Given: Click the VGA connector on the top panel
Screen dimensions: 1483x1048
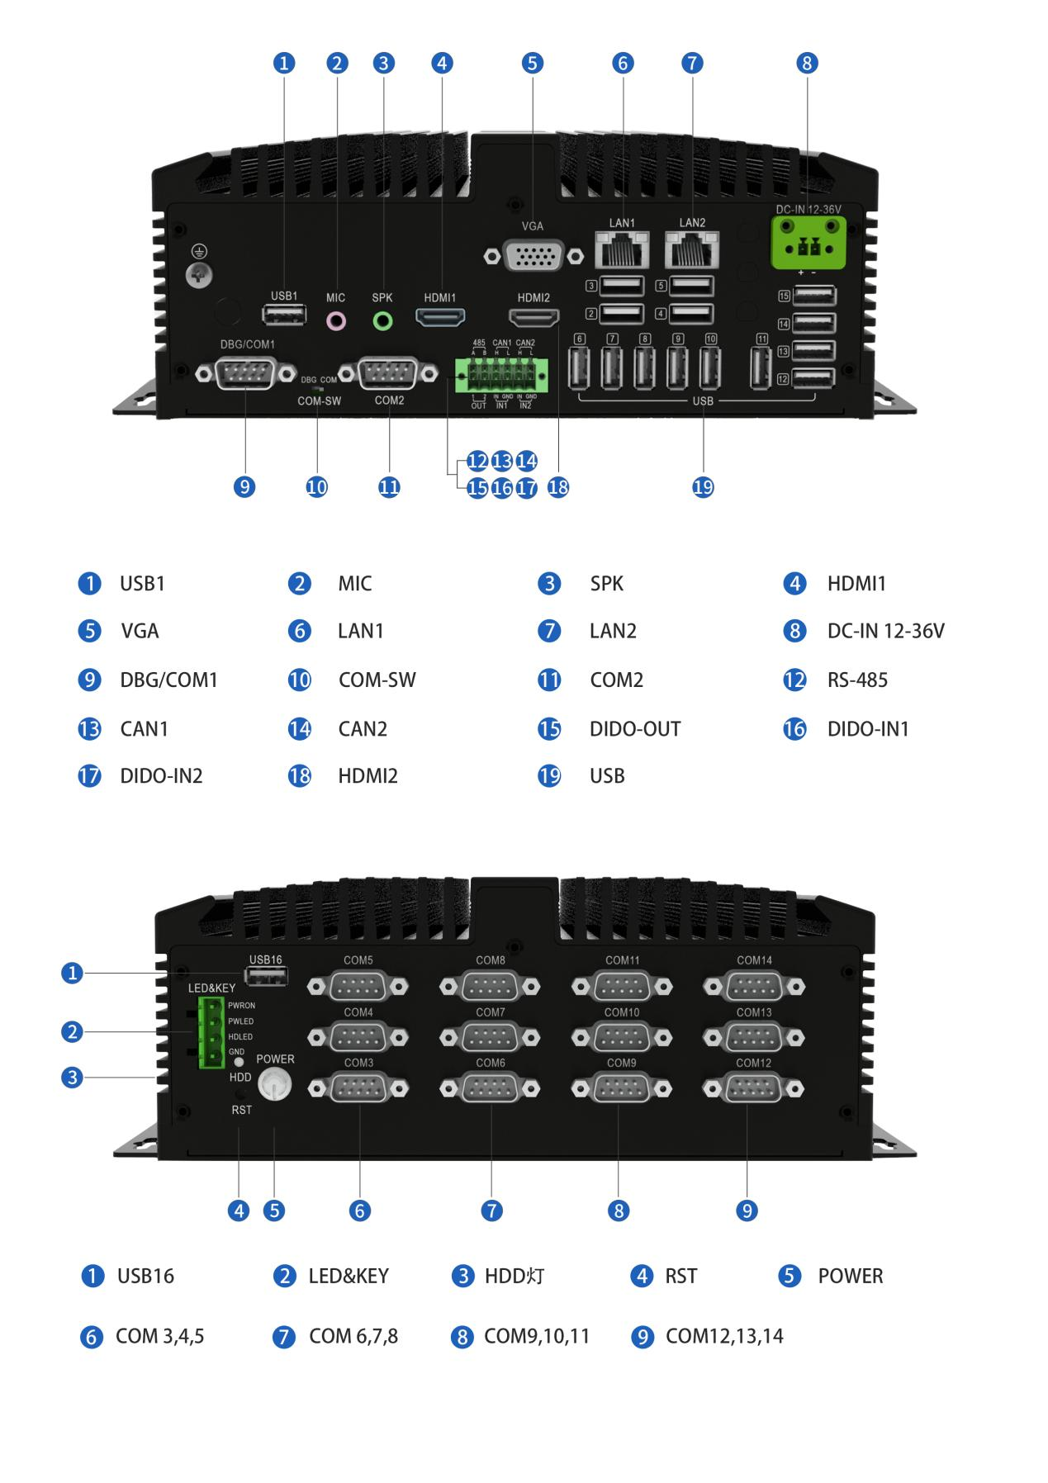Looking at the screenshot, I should coord(533,256).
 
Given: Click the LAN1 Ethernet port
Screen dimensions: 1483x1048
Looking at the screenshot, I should coord(622,249).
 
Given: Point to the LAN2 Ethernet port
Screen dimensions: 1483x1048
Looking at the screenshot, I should coord(692,249).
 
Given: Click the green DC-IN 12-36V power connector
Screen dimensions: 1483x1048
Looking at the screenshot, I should coord(809,242).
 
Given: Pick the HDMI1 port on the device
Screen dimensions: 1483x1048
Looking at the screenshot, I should coord(440,317).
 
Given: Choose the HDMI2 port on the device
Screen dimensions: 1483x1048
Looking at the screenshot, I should coord(533,317).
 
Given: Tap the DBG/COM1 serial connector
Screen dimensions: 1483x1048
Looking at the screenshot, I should coord(246,374).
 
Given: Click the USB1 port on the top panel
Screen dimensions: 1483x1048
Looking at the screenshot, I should coord(284,315).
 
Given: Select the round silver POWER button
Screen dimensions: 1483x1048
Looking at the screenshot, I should coord(275,1084).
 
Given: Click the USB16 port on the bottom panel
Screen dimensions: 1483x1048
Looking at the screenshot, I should coord(267,977).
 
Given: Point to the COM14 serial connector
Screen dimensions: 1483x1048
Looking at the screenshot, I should coord(754,986).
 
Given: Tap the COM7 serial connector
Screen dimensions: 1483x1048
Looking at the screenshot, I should coord(491,1037).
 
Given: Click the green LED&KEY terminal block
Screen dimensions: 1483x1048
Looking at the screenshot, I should coord(211,1032).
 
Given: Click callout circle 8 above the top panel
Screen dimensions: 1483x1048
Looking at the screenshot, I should coord(807,63).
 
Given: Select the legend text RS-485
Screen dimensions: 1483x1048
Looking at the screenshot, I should coord(857,680).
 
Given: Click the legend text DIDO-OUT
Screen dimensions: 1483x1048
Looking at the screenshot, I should coord(634,729).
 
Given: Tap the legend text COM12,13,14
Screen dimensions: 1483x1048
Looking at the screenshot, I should coord(724,1336).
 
